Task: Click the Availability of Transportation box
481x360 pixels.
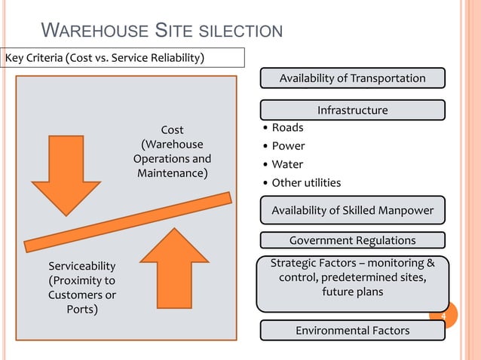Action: point(352,78)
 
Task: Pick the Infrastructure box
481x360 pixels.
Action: point(352,111)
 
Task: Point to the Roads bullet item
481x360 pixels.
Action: point(287,128)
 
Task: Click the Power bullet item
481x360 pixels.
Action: point(288,146)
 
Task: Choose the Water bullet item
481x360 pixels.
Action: point(287,164)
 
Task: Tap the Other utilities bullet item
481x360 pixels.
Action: point(306,183)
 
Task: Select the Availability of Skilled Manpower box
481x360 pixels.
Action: point(352,210)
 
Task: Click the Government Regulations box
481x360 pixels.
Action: point(352,240)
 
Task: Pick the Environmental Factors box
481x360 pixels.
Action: point(352,331)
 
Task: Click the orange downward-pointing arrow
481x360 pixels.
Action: point(66,181)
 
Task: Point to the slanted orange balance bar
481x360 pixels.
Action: point(128,222)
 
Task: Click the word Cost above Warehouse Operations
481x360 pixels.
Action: point(172,130)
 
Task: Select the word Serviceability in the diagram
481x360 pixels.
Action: point(82,266)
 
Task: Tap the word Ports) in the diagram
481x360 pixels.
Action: point(81,310)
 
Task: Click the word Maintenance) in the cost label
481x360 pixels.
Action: point(172,174)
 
